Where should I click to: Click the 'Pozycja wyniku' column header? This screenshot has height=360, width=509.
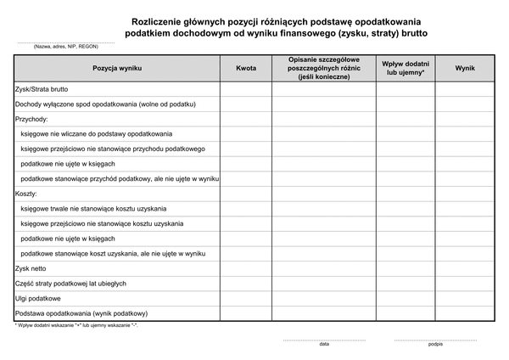(116, 67)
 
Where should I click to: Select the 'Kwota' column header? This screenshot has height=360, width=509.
(246, 67)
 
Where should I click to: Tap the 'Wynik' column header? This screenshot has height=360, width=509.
(464, 67)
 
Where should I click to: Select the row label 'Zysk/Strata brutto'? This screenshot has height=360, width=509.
(42, 89)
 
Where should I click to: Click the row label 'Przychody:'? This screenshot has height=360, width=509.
(31, 119)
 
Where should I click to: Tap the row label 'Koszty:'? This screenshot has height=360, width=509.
(26, 194)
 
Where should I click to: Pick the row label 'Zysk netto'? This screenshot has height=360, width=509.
(32, 268)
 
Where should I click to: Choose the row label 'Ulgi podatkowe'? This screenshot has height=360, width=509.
(38, 298)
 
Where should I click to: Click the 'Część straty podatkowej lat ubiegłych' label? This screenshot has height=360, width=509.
(70, 284)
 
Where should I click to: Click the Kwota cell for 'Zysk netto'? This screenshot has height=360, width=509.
(246, 268)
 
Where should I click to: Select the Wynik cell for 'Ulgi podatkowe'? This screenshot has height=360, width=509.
(464, 298)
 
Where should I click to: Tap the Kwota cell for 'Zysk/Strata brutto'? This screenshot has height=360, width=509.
(246, 89)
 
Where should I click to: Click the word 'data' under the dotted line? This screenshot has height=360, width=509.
(324, 345)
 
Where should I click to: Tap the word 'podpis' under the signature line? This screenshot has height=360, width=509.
(435, 345)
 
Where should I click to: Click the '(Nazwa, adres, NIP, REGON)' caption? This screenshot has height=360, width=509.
(55, 47)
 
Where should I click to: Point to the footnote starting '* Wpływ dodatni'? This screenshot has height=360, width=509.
(76, 325)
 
